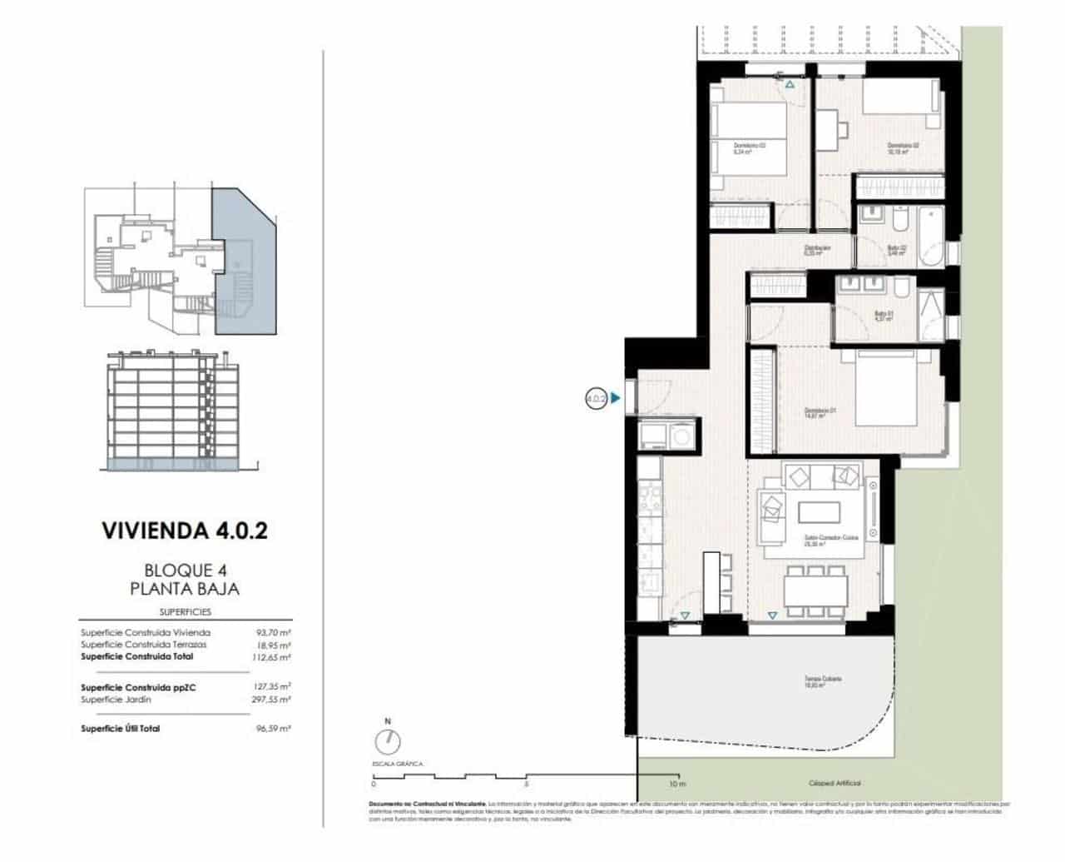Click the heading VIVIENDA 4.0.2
tap(184, 531)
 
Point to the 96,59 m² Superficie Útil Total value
tap(274, 729)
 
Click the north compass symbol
tap(387, 740)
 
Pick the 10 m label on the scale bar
tap(677, 785)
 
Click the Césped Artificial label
tap(835, 784)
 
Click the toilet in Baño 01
tap(901, 288)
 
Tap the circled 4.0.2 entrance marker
tap(595, 399)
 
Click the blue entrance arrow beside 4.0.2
tap(615, 399)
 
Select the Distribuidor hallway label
tap(817, 249)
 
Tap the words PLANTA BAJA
tap(184, 589)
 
